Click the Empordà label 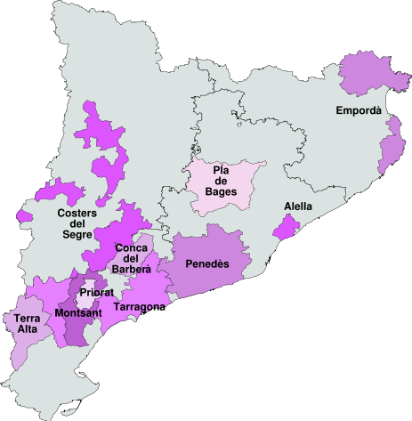359,110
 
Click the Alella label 298,206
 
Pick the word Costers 77,213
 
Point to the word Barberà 132,269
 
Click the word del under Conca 132,258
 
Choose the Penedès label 207,263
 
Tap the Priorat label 95,292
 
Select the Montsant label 77,313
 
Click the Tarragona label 139,307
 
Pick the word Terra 26,319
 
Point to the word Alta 26,330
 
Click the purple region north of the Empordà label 367,76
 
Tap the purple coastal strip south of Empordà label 392,147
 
